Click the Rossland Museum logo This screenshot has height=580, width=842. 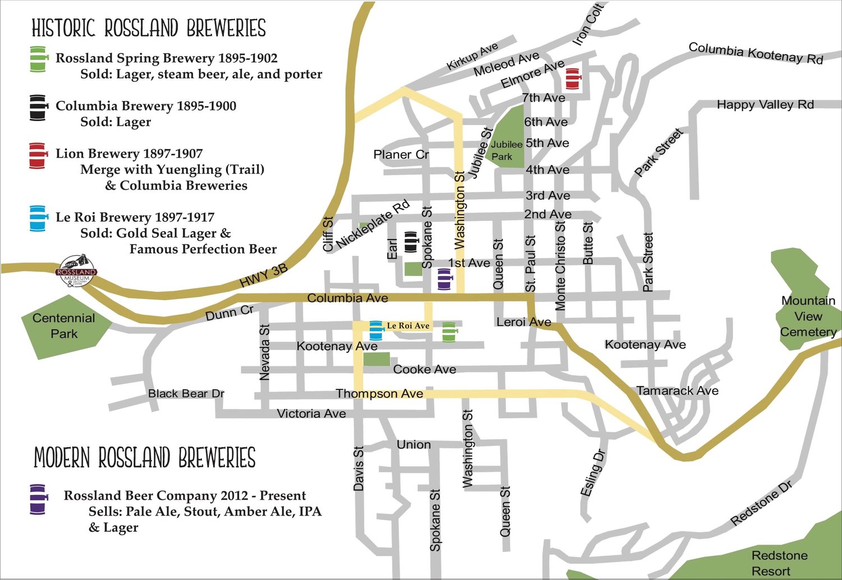pos(77,271)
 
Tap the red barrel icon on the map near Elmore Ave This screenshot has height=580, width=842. pos(572,79)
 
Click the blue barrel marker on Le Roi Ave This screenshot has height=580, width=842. pos(376,330)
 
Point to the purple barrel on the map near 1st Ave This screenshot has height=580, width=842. pos(444,279)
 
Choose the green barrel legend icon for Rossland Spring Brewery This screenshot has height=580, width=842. pos(38,59)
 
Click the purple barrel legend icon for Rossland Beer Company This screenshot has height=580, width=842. pos(38,499)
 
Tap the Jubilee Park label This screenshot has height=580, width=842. pos(506,150)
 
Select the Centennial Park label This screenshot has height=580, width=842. pos(63,326)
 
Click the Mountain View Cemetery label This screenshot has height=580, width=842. pos(808,316)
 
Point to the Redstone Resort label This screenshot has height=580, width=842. pos(779,563)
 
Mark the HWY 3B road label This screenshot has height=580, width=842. pos(263,276)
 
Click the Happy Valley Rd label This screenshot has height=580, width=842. pos(765,105)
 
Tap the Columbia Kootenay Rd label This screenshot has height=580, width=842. pos(756,53)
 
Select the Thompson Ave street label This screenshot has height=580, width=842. pos(379,394)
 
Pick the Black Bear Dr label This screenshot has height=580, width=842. pos(186,394)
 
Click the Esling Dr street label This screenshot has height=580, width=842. pos(592,472)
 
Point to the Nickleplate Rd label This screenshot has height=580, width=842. pos(373,224)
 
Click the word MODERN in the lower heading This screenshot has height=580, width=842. pos(62,458)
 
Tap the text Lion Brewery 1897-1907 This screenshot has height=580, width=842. pos(129,154)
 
